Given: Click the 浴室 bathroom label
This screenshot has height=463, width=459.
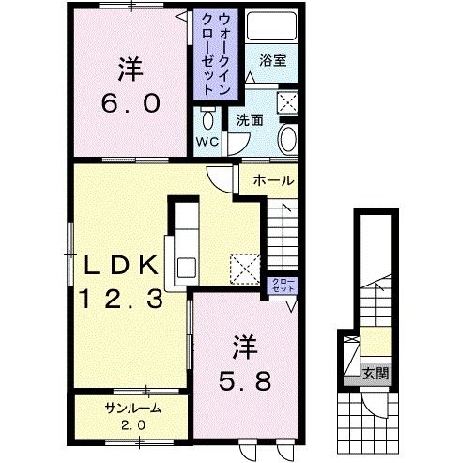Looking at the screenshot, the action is coord(272,61).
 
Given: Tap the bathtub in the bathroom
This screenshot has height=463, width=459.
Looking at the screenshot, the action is coord(271,26).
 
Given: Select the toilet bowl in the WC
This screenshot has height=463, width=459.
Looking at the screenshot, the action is coord(207,119).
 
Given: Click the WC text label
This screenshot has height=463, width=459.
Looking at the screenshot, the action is coord(207,142).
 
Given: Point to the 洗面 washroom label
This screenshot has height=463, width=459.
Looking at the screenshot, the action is coord(250,120).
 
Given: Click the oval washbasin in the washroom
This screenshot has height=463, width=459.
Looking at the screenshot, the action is coord(287,139).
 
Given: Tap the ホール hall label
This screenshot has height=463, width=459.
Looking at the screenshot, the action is coord(274,180).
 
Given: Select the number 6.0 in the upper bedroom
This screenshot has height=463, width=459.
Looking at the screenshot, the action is coord(131,104).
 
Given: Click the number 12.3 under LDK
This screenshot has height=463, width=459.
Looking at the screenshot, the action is coord(122,299).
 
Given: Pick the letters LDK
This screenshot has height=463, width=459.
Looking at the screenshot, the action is coord(120,265).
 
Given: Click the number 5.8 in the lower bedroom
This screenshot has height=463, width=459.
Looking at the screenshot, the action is coord(245,381).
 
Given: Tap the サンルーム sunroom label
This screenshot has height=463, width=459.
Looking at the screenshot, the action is coord(133,409).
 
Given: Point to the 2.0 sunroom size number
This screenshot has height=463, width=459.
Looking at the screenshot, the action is coord(133,425).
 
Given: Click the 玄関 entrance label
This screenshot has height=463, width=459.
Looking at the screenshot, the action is coord(375,374).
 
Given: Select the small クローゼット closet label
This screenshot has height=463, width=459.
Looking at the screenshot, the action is coord(283,285).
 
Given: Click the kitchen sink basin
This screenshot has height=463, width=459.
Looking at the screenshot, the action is coord(187,268).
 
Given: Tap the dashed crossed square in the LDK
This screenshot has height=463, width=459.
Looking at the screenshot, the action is coord(245,269).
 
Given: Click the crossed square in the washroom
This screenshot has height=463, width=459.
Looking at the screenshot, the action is coord(287,101).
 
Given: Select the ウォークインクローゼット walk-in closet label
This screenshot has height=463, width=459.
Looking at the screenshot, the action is coord(216,54).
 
